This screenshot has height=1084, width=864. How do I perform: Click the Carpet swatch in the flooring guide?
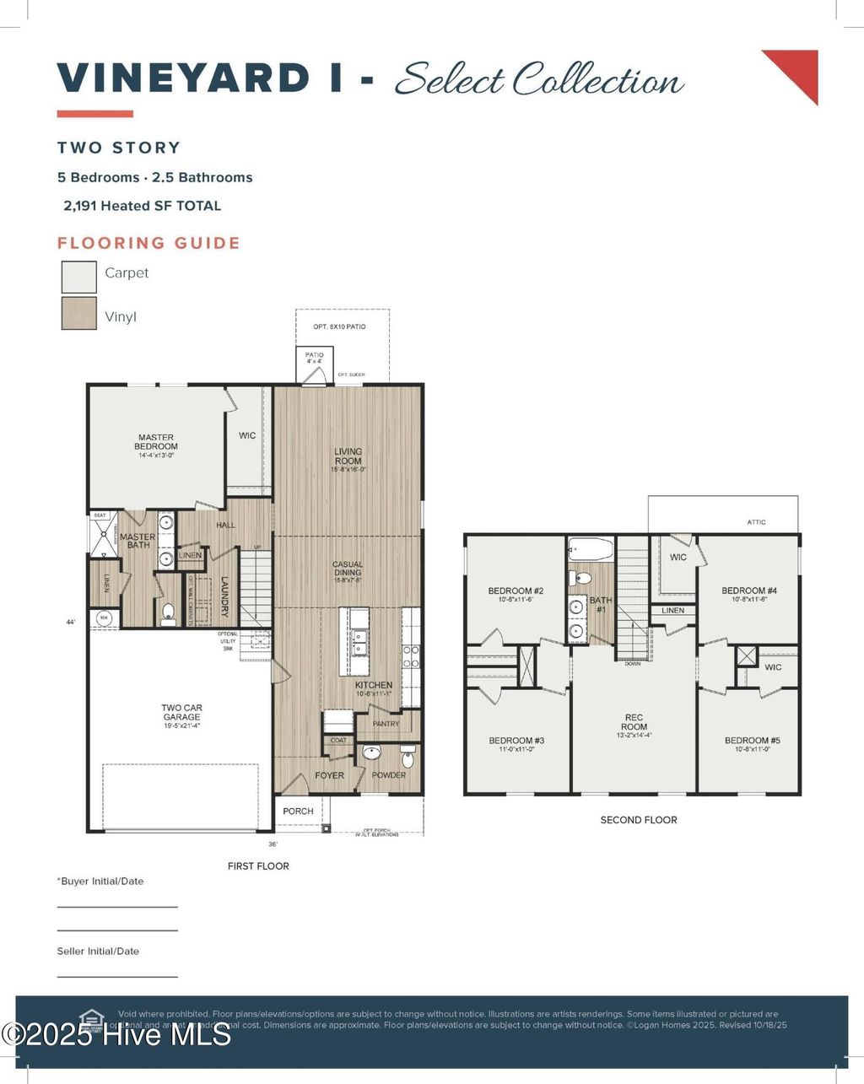point(78,276)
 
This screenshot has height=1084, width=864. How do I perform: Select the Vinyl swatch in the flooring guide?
point(78,313)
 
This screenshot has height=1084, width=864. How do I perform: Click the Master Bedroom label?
point(156,442)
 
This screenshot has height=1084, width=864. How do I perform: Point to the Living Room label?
point(348,456)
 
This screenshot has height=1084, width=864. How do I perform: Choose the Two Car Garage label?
point(182,713)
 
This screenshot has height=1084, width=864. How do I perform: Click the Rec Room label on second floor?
point(634,722)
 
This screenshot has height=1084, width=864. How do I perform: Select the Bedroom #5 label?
point(752,741)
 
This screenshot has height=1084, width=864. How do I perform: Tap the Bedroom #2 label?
point(515,591)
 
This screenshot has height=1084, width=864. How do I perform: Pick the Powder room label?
point(389,775)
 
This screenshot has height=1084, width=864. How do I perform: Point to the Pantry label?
point(386,724)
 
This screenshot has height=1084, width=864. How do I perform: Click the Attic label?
point(757,522)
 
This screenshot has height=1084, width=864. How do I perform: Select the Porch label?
point(298,812)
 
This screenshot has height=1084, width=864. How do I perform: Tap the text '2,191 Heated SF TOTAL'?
point(142,206)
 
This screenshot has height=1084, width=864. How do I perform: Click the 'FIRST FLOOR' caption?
point(258,866)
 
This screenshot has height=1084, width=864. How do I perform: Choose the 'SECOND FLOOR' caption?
point(639,820)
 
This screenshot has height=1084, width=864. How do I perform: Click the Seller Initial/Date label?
point(98,952)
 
